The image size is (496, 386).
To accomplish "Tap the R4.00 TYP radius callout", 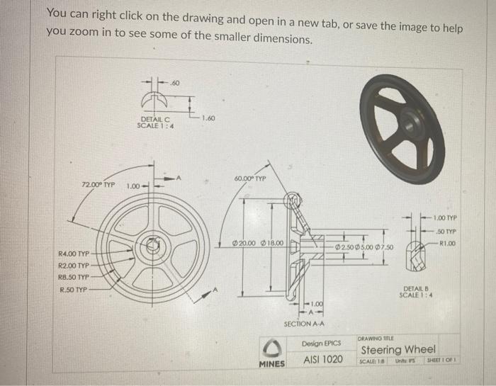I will (x=74, y=253).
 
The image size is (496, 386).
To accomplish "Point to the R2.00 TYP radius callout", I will (x=74, y=265).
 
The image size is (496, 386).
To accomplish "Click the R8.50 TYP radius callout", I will (x=74, y=277).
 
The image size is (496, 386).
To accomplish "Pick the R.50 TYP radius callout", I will (x=72, y=289).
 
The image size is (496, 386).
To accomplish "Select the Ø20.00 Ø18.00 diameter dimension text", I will (x=258, y=243).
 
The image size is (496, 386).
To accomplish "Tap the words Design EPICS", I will (x=322, y=343).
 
